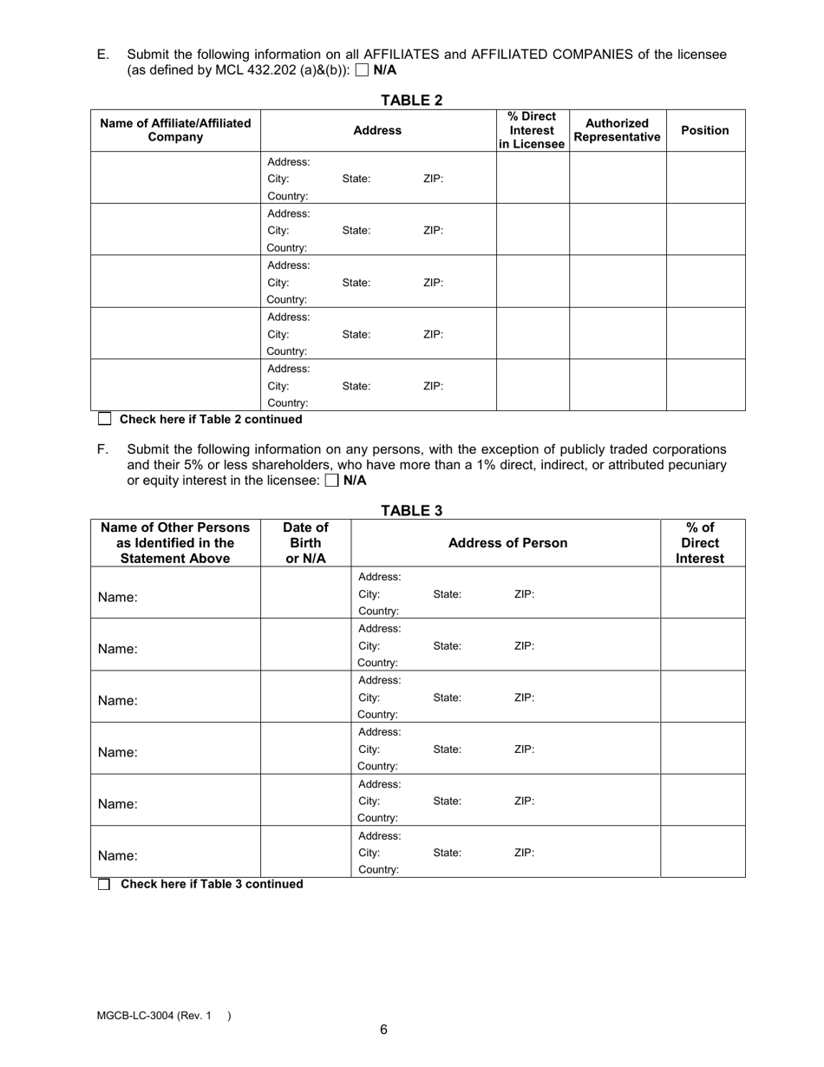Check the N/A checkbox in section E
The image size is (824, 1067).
[x=363, y=71]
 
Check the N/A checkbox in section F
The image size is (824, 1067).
[x=331, y=481]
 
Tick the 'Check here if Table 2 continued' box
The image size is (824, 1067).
[x=105, y=419]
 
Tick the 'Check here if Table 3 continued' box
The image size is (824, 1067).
[x=105, y=884]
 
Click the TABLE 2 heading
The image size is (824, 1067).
[x=411, y=100]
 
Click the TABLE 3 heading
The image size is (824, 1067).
[x=411, y=511]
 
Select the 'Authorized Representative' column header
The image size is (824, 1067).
[x=617, y=130]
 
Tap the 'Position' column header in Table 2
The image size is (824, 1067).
[x=704, y=130]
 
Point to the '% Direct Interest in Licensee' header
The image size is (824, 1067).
[x=532, y=130]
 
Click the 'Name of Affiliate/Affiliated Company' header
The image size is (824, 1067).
[x=175, y=130]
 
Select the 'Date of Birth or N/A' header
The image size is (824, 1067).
[x=305, y=543]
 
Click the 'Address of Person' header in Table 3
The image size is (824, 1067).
[x=507, y=543]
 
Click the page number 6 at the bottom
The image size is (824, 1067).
[x=383, y=1030]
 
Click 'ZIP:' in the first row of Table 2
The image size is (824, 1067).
[x=433, y=179]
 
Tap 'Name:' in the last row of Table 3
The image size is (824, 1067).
[x=117, y=855]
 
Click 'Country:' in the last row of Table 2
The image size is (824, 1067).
[x=287, y=403]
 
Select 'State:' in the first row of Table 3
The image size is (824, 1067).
[x=447, y=594]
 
